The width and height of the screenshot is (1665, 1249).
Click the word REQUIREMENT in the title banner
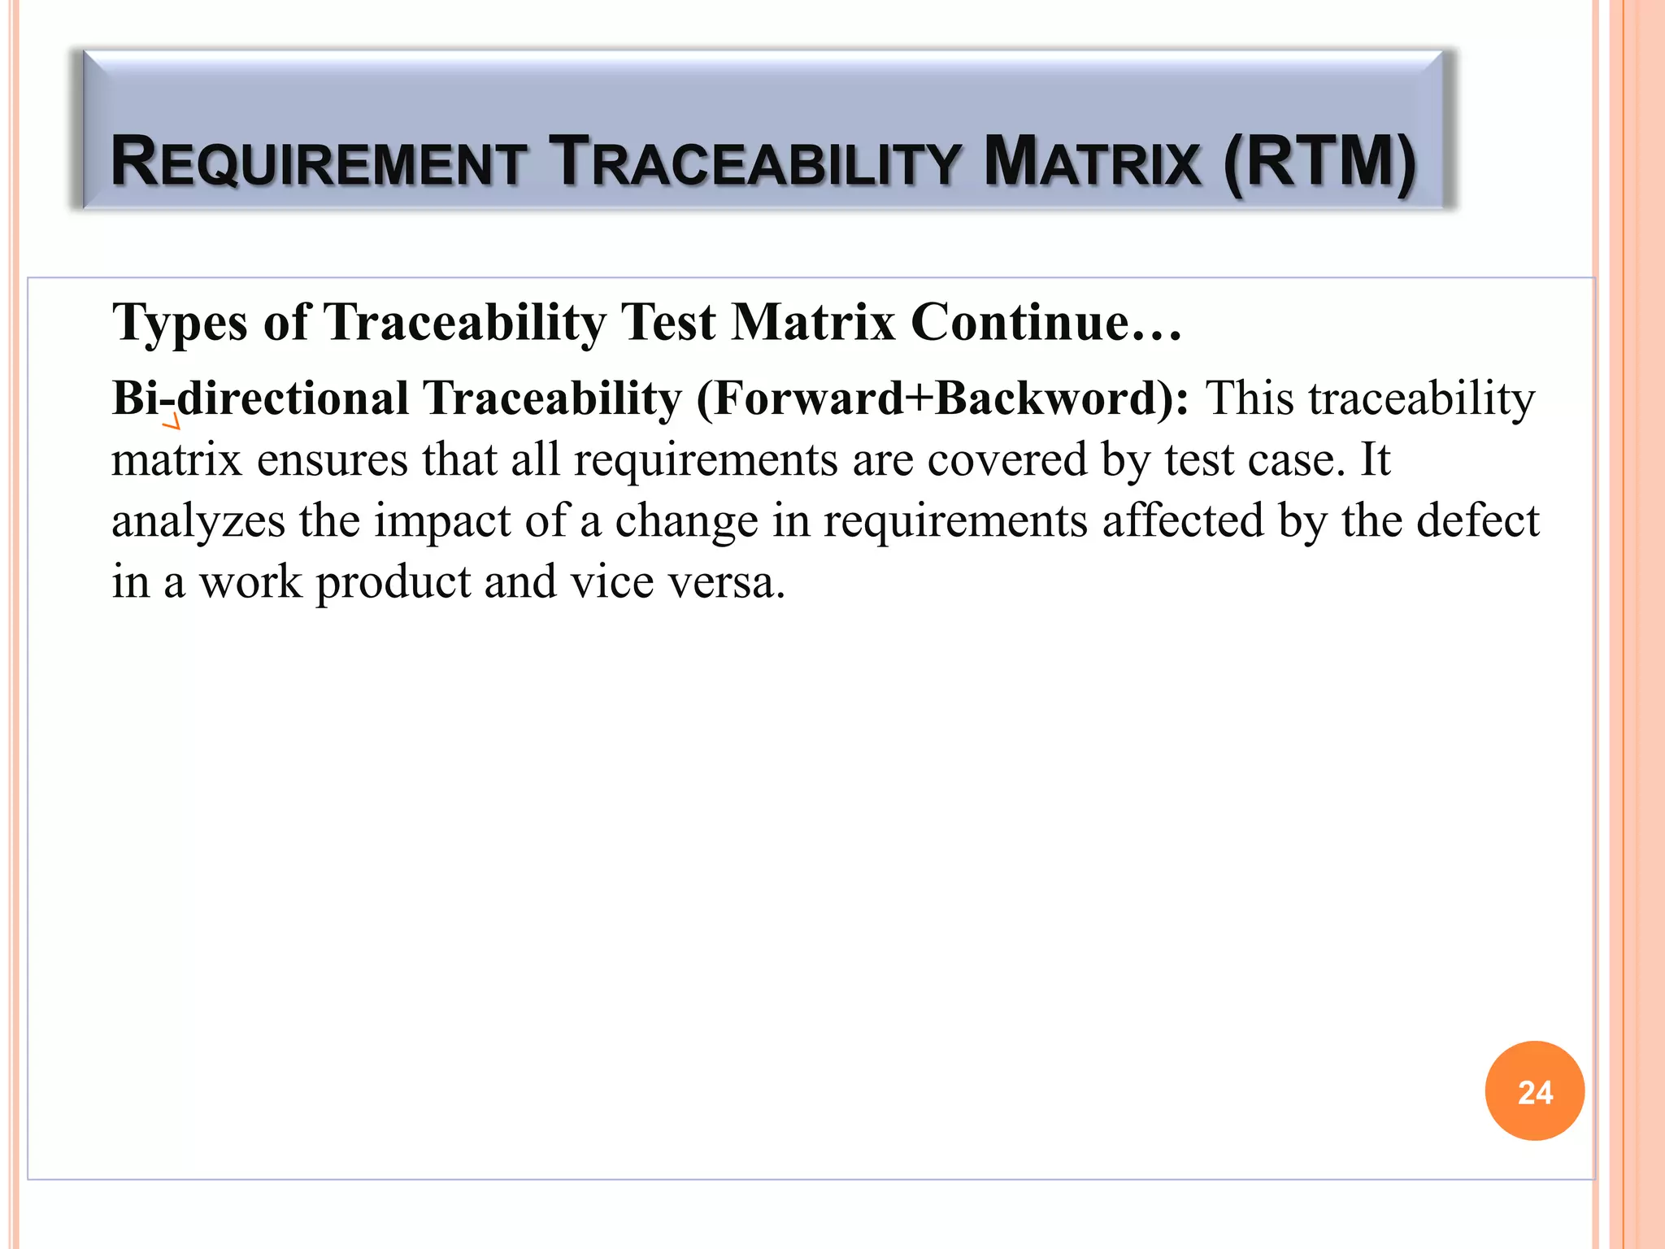point(318,162)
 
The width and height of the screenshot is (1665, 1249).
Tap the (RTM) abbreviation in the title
point(1319,162)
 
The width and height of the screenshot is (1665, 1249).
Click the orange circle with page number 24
point(1534,1090)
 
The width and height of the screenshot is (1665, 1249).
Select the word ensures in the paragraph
point(333,459)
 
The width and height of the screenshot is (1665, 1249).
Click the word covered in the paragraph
point(1007,459)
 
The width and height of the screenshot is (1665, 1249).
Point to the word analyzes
point(198,521)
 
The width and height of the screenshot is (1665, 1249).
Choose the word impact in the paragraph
point(442,521)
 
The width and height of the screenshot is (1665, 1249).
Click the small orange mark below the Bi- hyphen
point(171,422)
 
